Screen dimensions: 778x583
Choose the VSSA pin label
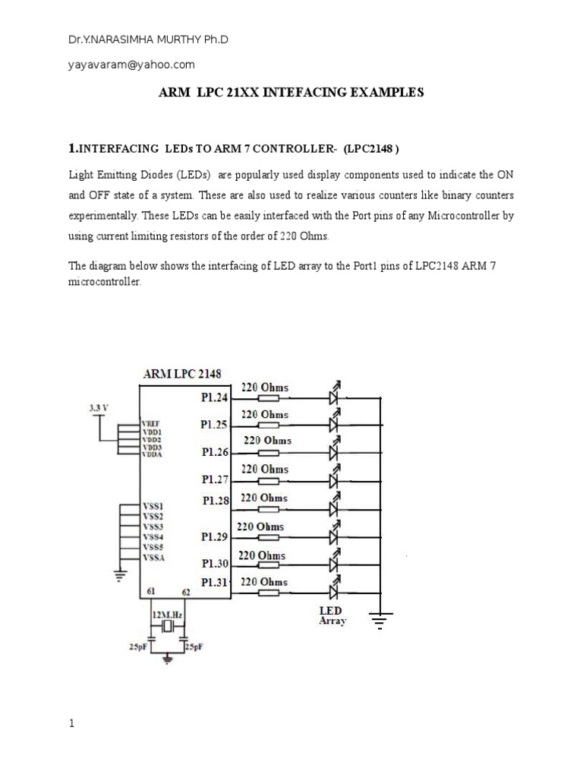[x=153, y=558]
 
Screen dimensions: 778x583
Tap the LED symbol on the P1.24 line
[x=332, y=397]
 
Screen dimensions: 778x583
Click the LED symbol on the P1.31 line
[x=332, y=592]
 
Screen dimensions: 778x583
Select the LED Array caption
[x=332, y=615]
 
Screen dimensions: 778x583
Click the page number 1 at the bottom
[x=72, y=724]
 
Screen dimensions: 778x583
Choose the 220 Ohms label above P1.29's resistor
[x=261, y=527]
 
